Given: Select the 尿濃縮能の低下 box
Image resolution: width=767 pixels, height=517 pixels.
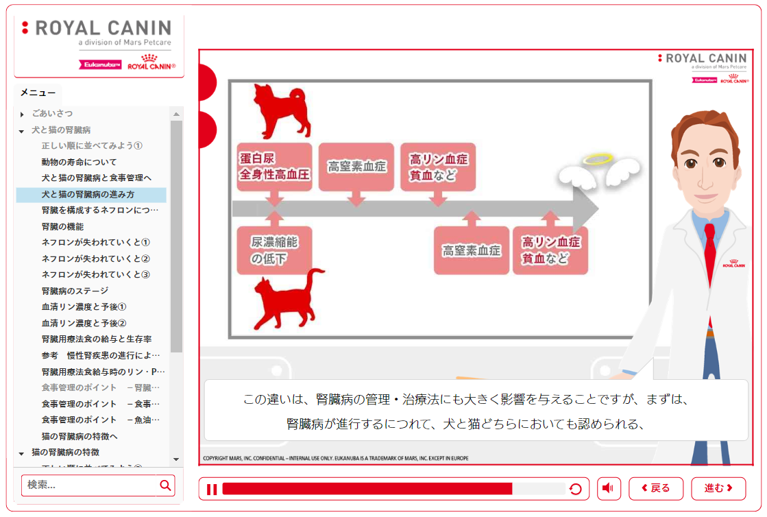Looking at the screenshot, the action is coord(273,250).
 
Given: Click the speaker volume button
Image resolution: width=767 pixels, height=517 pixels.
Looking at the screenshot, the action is coord(609,488).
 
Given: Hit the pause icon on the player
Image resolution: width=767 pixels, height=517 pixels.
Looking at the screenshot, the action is coord(212,489).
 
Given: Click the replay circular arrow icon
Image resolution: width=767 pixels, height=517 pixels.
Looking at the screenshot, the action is coord(576,489).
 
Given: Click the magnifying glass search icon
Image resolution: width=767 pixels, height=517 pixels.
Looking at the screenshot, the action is coord(165,485).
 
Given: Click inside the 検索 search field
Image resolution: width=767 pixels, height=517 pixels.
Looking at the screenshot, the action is coord(89,485).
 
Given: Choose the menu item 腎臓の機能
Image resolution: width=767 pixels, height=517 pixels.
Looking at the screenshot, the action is coord(62,226).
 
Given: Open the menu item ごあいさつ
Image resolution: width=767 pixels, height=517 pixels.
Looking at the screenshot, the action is coord(52,113).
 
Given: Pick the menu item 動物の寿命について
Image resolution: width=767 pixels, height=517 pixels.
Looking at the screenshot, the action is coord(79,162).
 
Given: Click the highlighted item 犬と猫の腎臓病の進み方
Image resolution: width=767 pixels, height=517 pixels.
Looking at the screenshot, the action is coord(88,195).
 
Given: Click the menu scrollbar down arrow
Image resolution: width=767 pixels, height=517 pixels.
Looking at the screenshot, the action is coord(176,459).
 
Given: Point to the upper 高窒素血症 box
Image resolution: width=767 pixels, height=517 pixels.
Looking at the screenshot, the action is coord(356,167).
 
